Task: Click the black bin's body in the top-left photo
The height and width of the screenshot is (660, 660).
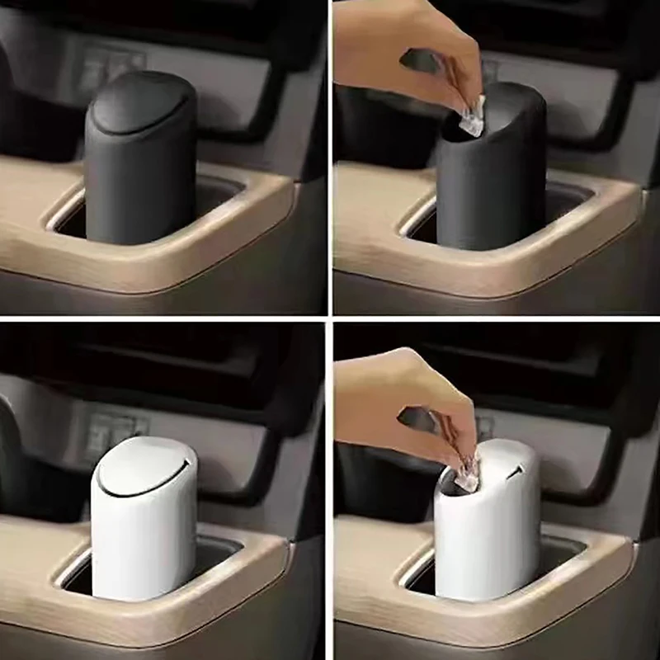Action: tap(140, 190)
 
